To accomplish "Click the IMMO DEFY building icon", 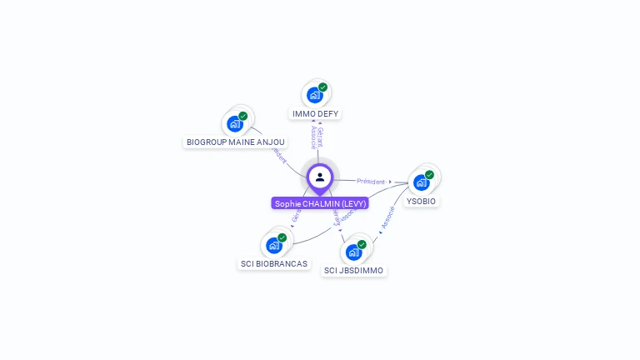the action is click(314, 95).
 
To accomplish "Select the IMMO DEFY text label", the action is click(316, 113).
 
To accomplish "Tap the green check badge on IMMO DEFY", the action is click(322, 87).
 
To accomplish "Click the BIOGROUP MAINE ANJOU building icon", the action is click(234, 124).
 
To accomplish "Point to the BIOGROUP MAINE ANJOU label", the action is click(236, 142).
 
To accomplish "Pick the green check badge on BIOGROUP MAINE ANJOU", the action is click(242, 117).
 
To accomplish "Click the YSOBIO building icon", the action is click(421, 182).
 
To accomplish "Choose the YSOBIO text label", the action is click(421, 201).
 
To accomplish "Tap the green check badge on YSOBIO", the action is click(429, 175).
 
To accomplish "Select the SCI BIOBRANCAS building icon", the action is click(273, 246).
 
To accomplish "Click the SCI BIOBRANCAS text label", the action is click(274, 264).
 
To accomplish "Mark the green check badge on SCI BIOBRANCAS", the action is click(282, 238).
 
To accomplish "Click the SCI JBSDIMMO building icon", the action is click(353, 252).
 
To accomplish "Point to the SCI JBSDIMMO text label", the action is click(354, 271).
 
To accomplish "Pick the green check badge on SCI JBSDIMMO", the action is click(362, 244).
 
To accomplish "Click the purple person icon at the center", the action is click(320, 177).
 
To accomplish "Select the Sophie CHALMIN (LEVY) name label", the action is click(320, 203).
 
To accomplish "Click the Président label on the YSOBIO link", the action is click(371, 181).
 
